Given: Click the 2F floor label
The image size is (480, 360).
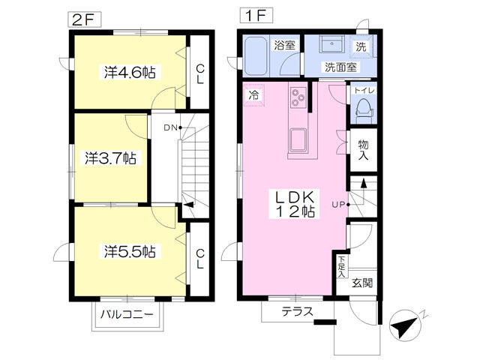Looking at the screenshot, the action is pos(84,19).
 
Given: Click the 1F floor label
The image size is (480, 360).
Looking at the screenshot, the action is pos(256,16).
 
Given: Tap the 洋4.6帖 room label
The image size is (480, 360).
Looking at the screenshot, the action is pos(130,73).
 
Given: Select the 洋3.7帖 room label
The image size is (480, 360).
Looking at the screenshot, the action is pos(110,158).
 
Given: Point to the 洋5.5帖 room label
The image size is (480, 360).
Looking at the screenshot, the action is pos(130,252).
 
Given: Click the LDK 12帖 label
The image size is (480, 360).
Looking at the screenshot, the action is pos(295,204).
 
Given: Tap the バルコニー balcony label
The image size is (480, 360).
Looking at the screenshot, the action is pos(127,314).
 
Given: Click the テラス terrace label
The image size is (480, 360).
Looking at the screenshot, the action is pos(298,312).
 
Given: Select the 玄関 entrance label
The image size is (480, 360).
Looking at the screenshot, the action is pos(361,283).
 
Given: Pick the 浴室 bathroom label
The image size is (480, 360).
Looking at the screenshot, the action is pos(285,45).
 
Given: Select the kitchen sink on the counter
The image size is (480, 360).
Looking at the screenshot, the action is pos(298,140).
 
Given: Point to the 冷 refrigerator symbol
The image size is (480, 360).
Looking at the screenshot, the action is pos(253,95).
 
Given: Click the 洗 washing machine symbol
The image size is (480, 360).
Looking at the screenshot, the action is pos(361,46).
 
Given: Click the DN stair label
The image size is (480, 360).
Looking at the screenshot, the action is pos(171,128).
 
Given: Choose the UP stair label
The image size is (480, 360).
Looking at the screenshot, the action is pos(338,205).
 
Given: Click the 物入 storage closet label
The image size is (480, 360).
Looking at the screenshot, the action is pos(363,150).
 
